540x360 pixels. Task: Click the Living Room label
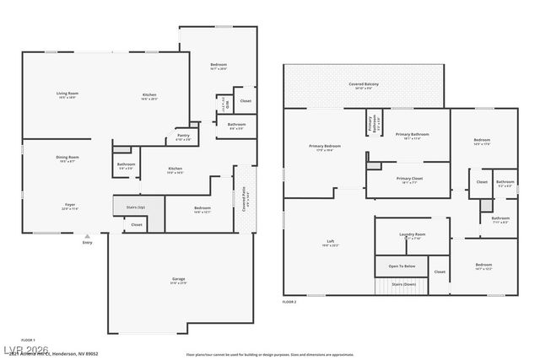click(67, 94)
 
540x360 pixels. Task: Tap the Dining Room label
click(67, 158)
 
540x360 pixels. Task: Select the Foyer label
click(70, 206)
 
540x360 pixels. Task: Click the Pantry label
click(183, 136)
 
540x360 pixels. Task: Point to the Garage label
click(179, 279)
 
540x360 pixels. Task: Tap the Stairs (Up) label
click(135, 207)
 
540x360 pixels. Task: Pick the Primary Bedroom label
click(325, 147)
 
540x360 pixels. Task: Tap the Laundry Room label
click(412, 235)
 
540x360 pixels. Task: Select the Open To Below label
click(402, 266)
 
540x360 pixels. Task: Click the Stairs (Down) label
click(403, 285)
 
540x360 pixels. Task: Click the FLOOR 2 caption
click(290, 301)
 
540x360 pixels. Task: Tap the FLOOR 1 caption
click(29, 339)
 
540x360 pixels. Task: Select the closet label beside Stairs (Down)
click(440, 271)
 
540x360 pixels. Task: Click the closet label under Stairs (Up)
click(136, 224)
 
